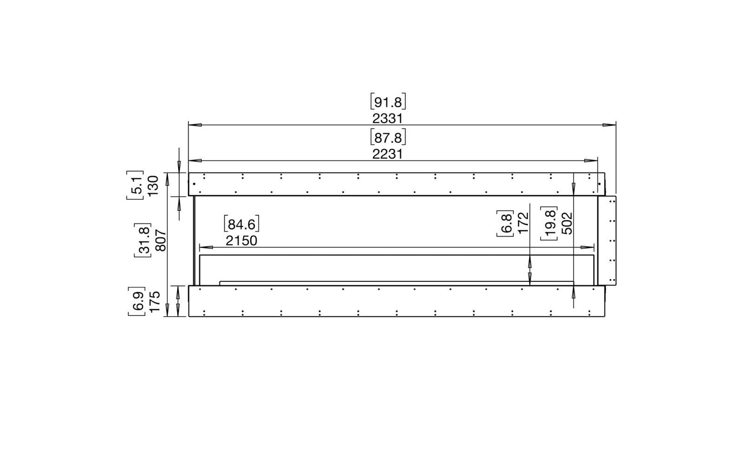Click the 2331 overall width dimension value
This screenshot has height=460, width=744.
click(388, 118)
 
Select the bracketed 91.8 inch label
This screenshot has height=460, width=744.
click(388, 102)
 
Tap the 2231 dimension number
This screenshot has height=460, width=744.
click(388, 154)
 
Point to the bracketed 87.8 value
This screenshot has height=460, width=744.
click(388, 138)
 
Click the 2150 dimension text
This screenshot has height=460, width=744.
click(241, 241)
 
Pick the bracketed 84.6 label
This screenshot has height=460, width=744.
click(241, 224)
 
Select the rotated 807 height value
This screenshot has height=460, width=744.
click(161, 241)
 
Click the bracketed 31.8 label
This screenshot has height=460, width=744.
click(143, 241)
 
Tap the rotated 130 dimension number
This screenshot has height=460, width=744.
click(153, 186)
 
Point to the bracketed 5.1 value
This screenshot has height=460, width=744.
click(135, 185)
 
